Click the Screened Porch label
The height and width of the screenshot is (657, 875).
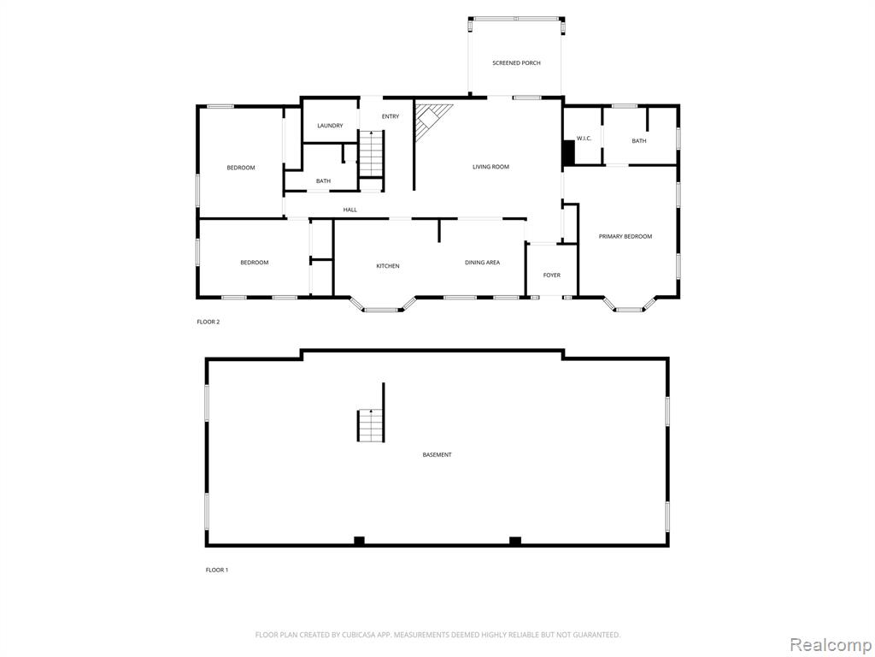pyautogui.click(x=516, y=63)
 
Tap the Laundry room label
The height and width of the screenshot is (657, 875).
pyautogui.click(x=330, y=126)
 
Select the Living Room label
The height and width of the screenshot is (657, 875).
pyautogui.click(x=490, y=167)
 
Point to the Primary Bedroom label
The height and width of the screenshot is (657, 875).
pyautogui.click(x=625, y=236)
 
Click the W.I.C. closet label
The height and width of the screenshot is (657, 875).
pyautogui.click(x=584, y=139)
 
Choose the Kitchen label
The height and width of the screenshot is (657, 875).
pyautogui.click(x=388, y=266)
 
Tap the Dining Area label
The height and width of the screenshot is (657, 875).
pyautogui.click(x=482, y=262)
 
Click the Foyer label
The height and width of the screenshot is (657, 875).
pyautogui.click(x=552, y=275)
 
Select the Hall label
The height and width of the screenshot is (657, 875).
pyautogui.click(x=349, y=210)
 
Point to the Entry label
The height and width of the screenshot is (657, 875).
pyautogui.click(x=391, y=116)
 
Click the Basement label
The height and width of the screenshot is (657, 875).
pyautogui.click(x=437, y=455)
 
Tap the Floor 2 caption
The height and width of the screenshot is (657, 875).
pyautogui.click(x=208, y=322)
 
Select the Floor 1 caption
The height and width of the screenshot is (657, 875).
pyautogui.click(x=217, y=570)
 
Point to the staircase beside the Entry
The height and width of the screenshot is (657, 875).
pyautogui.click(x=371, y=154)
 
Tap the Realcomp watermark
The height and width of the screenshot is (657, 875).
pyautogui.click(x=829, y=645)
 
